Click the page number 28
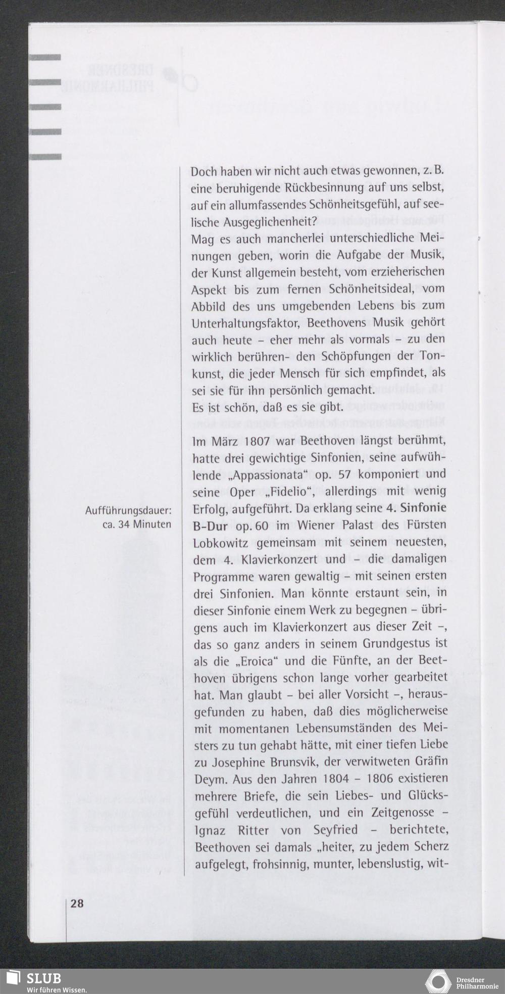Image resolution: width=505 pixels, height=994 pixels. [x=77, y=904]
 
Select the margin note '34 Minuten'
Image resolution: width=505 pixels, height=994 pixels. [x=144, y=525]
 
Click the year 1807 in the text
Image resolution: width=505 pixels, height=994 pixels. [x=259, y=441]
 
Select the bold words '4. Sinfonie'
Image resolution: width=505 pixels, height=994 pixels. [x=413, y=508]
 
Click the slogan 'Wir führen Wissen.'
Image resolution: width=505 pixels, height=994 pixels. [x=57, y=989]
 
